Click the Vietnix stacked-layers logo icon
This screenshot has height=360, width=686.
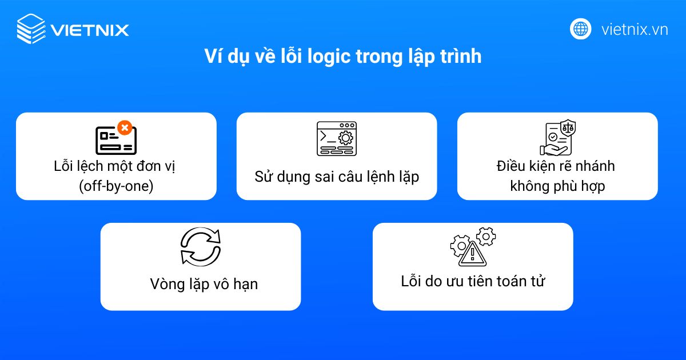point(31,29)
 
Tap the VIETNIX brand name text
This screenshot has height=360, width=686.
point(90,30)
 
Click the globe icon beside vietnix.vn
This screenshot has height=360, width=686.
point(580,29)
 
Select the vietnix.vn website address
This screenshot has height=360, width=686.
point(635,30)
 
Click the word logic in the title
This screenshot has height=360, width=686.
point(324,57)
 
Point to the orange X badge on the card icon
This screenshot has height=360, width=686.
point(124,127)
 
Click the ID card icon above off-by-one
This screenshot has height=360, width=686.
point(115,140)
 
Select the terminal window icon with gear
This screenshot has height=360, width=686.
point(337,138)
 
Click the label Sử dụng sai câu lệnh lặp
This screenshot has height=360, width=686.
point(337,177)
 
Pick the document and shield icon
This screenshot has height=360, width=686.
point(557,138)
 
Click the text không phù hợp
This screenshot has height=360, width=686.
point(557,186)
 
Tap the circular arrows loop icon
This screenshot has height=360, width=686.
point(200,246)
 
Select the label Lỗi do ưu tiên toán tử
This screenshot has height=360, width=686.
point(473,281)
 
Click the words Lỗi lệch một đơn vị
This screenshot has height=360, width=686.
point(116,167)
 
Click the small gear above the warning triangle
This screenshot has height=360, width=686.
point(486,235)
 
